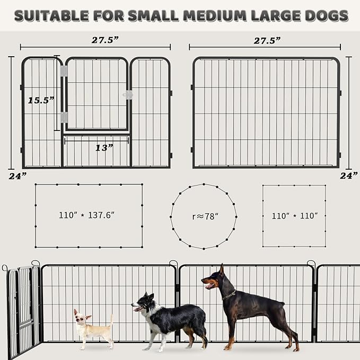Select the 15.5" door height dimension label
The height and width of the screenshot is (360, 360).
(x=41, y=100)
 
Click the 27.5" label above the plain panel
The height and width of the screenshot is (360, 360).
(x=266, y=40)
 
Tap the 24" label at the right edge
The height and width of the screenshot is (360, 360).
(x=348, y=175)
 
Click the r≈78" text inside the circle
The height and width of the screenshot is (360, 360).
(x=204, y=216)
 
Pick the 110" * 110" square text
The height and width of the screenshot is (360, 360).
(x=294, y=216)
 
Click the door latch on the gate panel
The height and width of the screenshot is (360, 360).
(x=127, y=95)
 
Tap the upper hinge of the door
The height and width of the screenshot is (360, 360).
(x=64, y=71)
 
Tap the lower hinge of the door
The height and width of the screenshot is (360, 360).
(x=64, y=117)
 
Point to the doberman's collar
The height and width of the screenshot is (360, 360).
(x=230, y=294)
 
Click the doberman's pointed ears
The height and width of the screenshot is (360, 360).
(x=222, y=269)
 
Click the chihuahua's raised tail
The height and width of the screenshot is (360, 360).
(x=111, y=320)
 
